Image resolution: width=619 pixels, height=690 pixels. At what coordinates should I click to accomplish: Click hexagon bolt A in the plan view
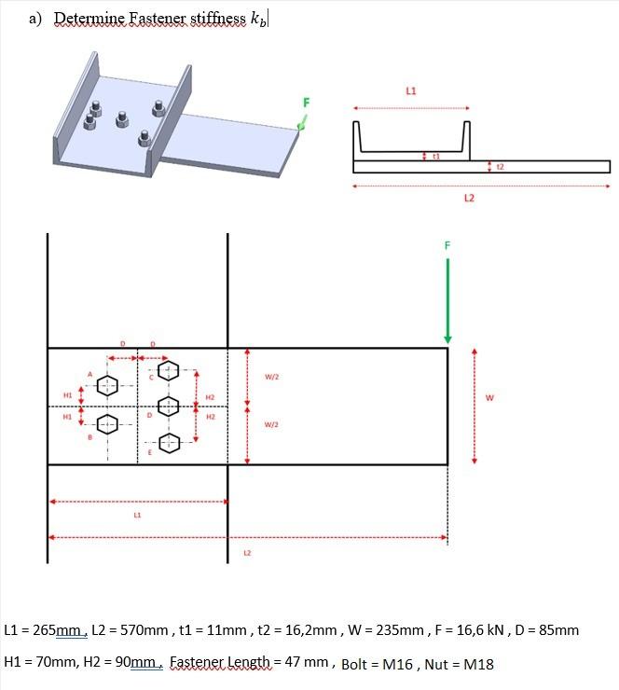click(x=109, y=384)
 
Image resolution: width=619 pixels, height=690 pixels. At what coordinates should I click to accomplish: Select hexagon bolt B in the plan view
click(x=109, y=423)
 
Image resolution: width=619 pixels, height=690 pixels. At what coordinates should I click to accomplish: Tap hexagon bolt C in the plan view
click(x=169, y=370)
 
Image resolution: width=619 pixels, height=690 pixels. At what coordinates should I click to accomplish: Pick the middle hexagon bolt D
click(x=169, y=407)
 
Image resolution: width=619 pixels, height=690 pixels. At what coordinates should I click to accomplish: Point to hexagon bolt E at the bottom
click(x=169, y=444)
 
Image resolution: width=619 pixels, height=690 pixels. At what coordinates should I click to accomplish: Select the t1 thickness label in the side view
click(x=435, y=157)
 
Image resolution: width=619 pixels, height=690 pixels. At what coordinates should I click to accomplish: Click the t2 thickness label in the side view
click(x=501, y=166)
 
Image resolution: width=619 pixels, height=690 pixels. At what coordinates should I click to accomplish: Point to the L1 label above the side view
click(x=411, y=91)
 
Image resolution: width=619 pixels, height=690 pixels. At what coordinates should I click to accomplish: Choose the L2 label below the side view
click(x=469, y=198)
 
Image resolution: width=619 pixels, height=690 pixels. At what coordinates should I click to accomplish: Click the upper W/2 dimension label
click(x=272, y=378)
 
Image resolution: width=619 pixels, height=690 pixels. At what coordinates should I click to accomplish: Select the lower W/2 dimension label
click(x=272, y=425)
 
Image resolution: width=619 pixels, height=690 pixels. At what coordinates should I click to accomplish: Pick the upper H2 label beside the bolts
click(x=210, y=398)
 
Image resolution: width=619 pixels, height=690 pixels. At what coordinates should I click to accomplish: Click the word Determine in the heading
click(x=90, y=19)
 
